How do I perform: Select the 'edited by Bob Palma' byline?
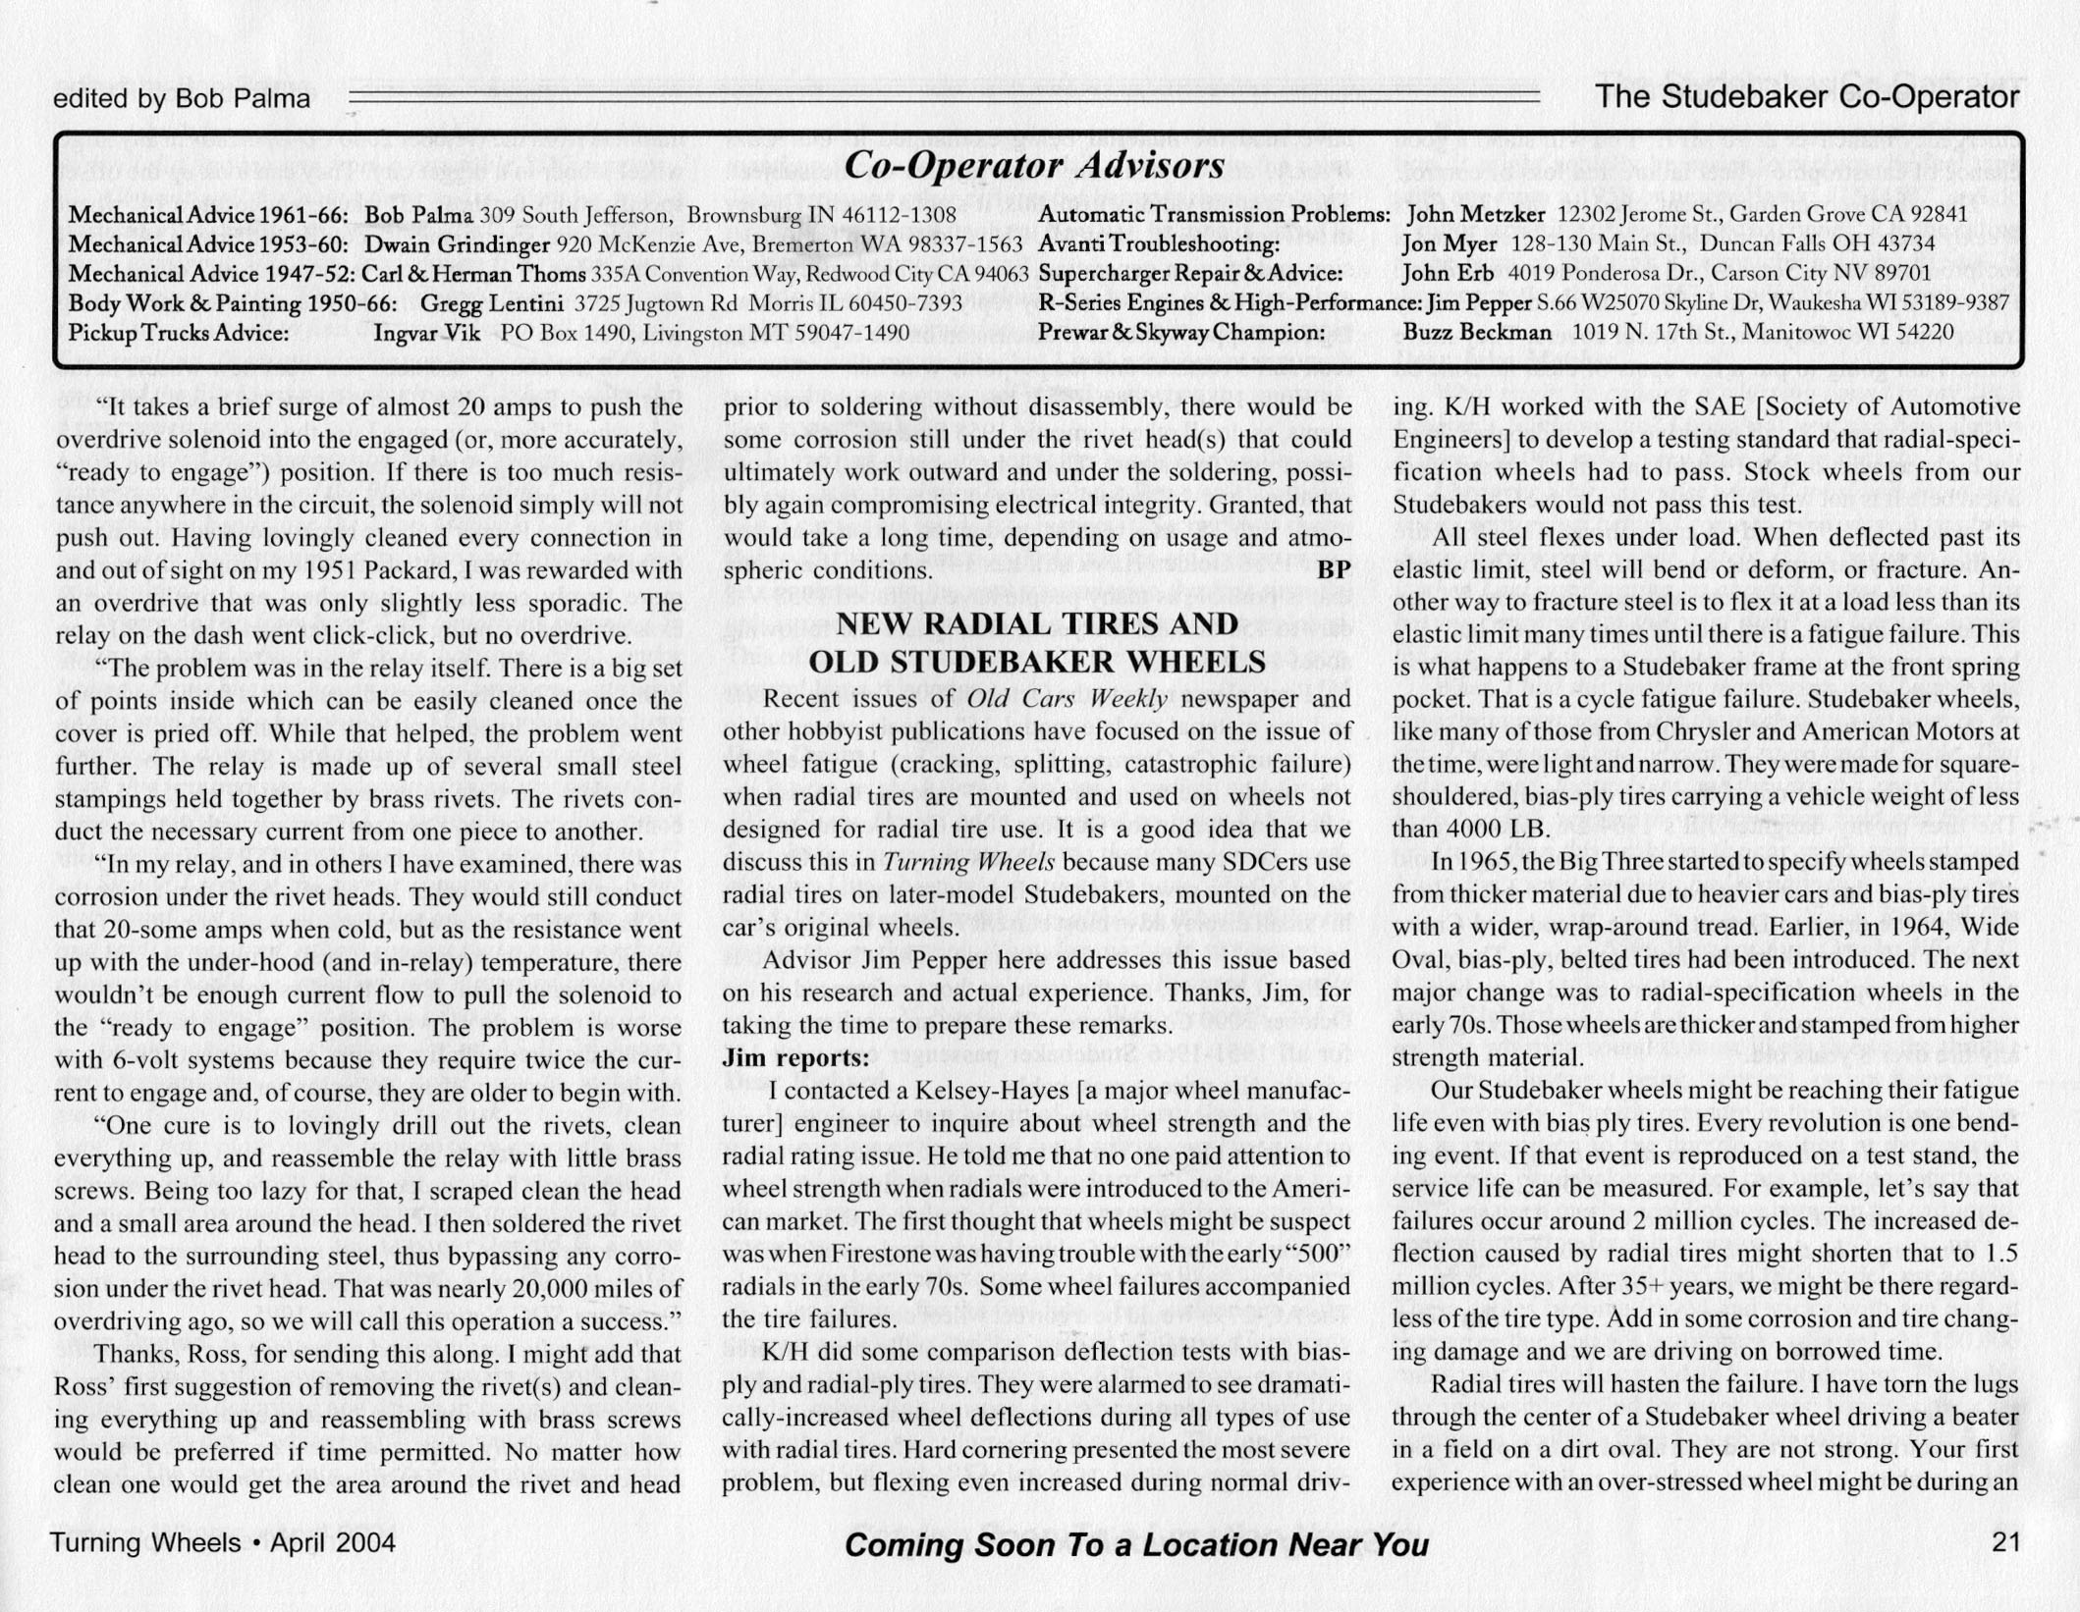point(182,99)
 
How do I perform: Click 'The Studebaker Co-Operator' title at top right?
point(1807,97)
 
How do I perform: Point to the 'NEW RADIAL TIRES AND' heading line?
point(1037,625)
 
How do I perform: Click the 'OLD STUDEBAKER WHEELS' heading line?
point(1037,662)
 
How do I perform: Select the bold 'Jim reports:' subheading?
point(795,1058)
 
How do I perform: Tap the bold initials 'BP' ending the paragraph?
point(1334,570)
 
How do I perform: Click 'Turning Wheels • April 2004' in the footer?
point(223,1542)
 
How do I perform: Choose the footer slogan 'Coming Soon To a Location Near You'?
point(1136,1545)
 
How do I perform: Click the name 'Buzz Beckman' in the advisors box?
point(1476,333)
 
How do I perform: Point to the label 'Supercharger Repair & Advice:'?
point(1189,274)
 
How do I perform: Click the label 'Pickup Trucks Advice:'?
point(178,333)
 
